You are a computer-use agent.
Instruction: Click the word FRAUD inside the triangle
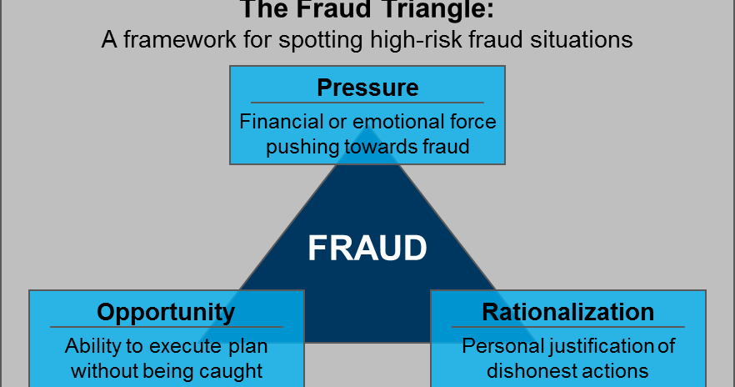pyautogui.click(x=367, y=249)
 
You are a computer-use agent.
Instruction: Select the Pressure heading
pyautogui.click(x=367, y=88)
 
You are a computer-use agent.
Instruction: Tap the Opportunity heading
pyautogui.click(x=166, y=312)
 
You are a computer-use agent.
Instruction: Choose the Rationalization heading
pyautogui.click(x=568, y=312)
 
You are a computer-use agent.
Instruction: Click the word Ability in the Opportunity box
pyautogui.click(x=92, y=346)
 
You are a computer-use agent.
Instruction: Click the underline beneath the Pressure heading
pyautogui.click(x=367, y=103)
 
